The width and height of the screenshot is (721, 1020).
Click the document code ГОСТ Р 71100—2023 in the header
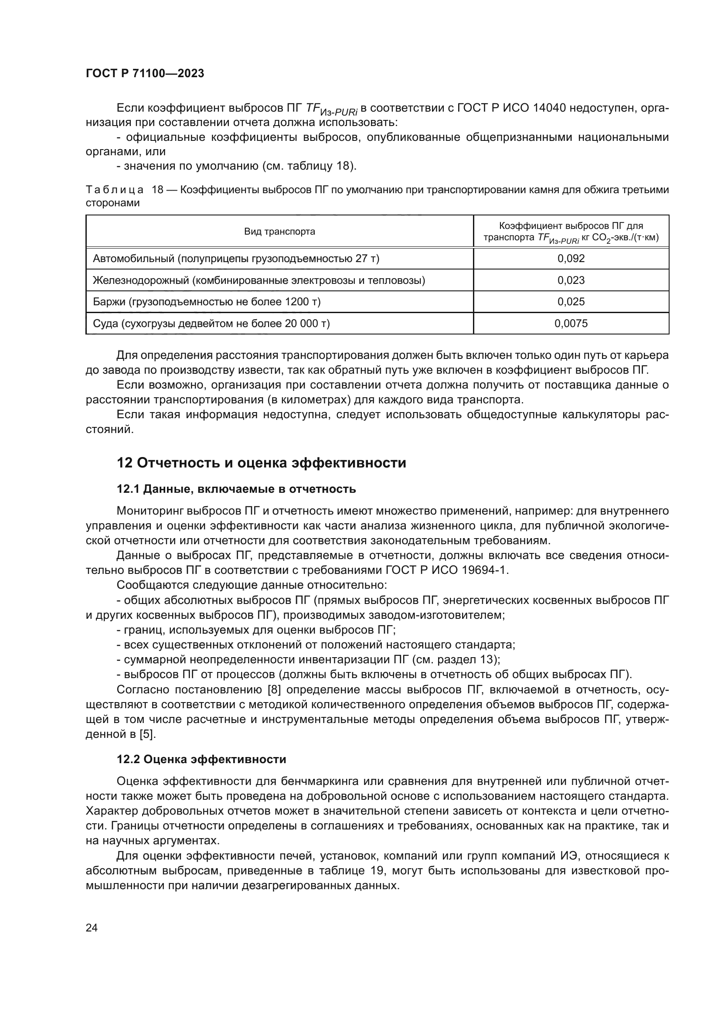click(145, 73)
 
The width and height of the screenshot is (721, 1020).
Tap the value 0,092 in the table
click(571, 259)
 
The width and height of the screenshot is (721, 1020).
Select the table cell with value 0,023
click(571, 280)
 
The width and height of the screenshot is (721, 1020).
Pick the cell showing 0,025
click(571, 302)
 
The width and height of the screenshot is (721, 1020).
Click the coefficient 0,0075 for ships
click(571, 324)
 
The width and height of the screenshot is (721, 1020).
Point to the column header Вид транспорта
click(279, 232)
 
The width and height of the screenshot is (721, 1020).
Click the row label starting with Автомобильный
click(236, 259)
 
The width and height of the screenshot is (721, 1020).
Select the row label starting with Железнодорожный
click(259, 280)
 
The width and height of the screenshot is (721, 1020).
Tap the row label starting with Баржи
click(207, 302)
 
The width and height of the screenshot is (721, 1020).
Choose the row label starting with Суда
click(211, 324)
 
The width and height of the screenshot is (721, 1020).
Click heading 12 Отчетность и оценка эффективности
click(261, 463)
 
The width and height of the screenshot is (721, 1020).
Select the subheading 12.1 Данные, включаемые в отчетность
click(236, 489)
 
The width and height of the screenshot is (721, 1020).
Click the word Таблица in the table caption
click(115, 190)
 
